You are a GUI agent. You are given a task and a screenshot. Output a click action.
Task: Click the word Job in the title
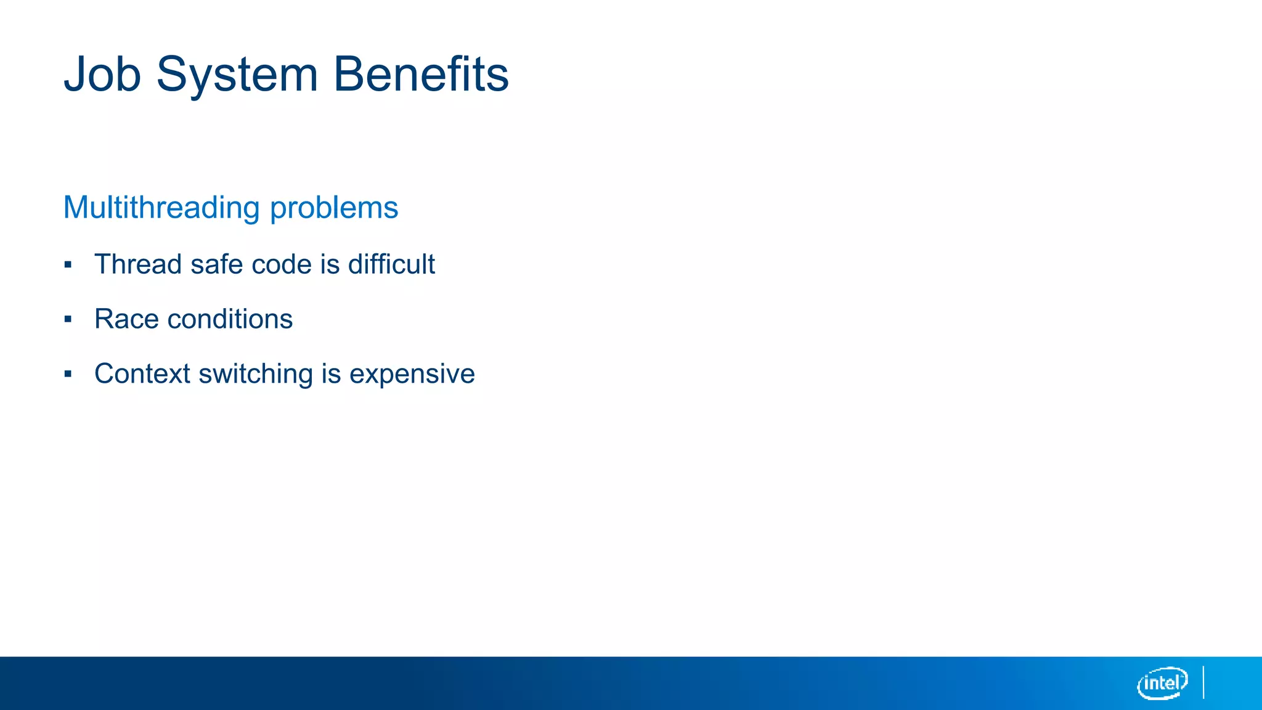102,75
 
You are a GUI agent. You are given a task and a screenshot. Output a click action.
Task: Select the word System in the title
237,75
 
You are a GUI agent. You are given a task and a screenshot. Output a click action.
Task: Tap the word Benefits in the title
421,75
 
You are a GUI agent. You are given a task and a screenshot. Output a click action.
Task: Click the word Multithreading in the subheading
161,208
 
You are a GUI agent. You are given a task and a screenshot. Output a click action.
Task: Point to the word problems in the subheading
334,208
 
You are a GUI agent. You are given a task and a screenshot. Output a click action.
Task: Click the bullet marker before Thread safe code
68,265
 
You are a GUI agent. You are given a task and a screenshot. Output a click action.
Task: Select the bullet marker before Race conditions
68,319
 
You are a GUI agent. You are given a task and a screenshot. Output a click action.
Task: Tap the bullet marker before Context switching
68,374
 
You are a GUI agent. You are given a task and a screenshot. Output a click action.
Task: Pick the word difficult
391,264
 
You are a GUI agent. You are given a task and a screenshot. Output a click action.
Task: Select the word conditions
230,319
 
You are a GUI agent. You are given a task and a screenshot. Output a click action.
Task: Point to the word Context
142,374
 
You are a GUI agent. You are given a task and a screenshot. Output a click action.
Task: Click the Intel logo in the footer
1162,683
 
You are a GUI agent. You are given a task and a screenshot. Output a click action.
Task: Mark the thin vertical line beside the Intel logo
1203,682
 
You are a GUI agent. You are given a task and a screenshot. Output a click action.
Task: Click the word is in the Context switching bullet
331,374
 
